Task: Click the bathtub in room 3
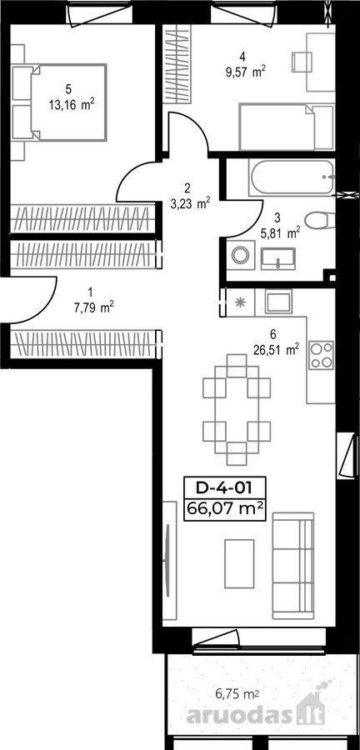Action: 291,177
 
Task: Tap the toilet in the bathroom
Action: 320,220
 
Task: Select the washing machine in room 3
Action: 239,255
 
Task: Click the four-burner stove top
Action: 321,355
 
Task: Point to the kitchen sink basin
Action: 278,302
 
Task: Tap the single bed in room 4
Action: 286,127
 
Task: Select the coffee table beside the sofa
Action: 239,564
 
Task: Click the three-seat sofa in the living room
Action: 293,566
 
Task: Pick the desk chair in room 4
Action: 302,62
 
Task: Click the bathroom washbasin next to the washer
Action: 278,258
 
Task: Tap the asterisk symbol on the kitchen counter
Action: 239,302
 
